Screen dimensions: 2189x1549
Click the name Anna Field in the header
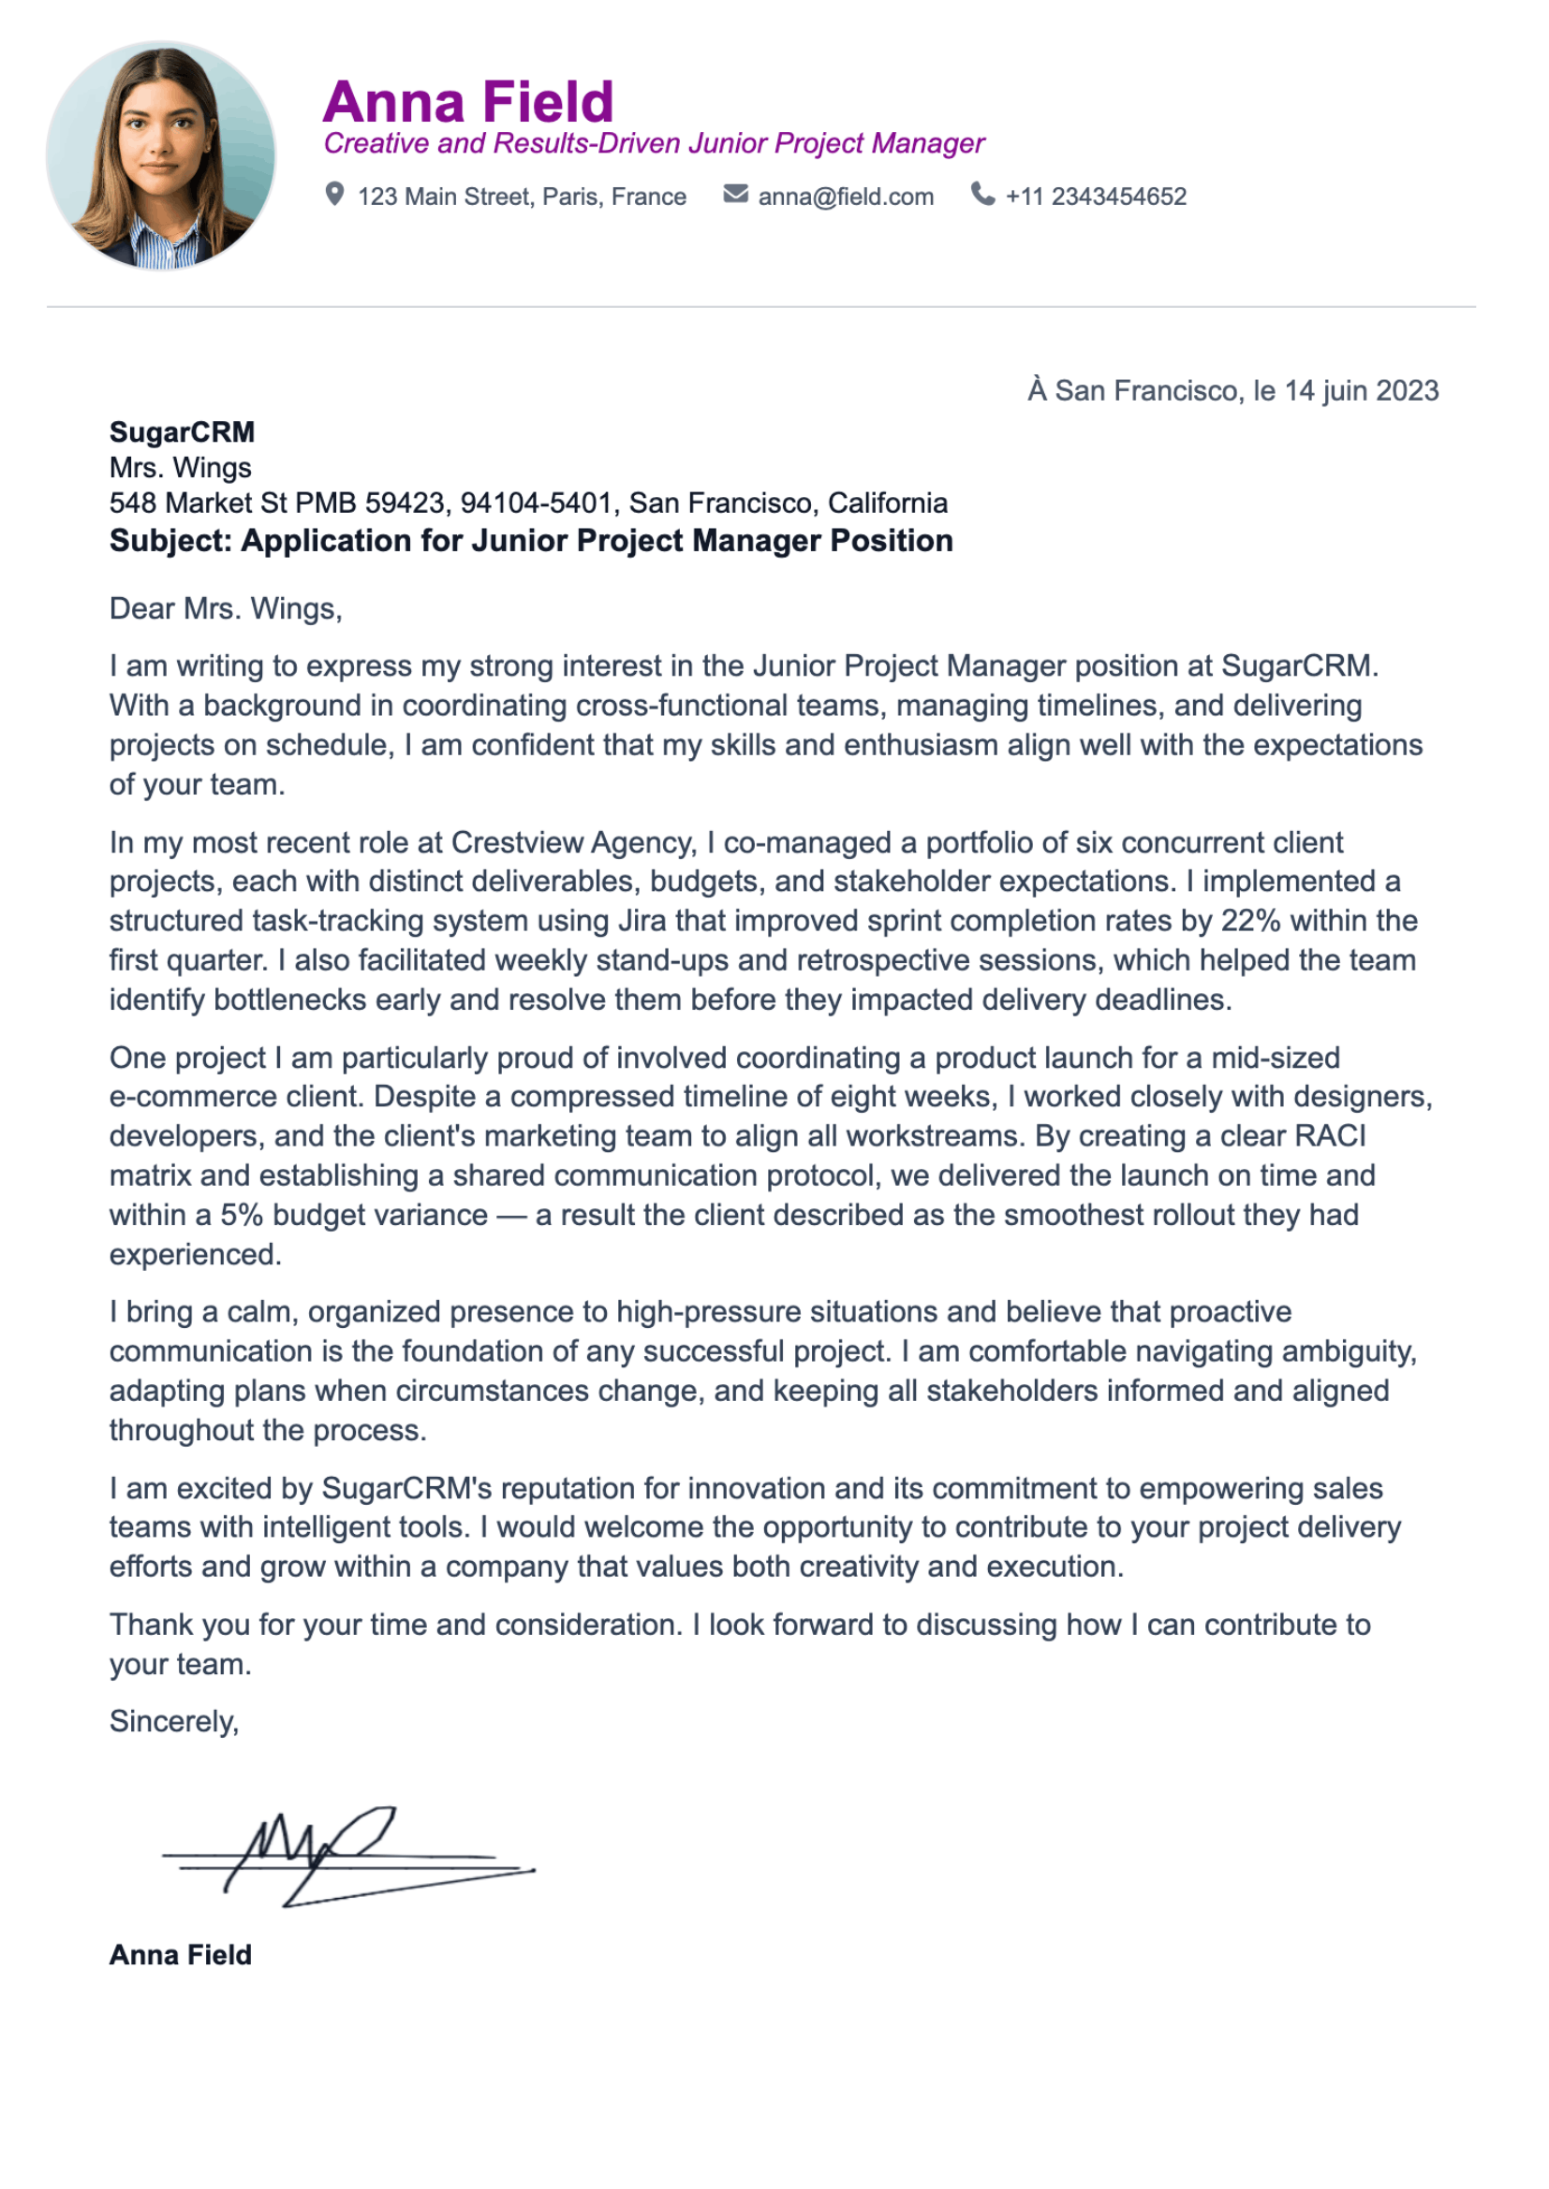467,102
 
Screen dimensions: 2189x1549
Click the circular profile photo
161,154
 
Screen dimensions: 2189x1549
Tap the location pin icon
333,195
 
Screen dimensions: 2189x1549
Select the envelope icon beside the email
735,195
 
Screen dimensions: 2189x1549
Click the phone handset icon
982,194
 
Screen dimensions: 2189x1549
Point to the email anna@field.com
845,197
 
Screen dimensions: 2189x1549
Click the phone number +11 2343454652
1096,197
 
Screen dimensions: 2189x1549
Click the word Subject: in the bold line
170,542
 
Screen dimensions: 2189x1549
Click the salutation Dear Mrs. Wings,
226,609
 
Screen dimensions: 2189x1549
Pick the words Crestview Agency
572,843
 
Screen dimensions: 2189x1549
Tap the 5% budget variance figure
243,1216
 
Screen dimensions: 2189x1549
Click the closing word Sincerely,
173,1722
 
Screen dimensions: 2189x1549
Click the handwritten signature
344,1854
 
